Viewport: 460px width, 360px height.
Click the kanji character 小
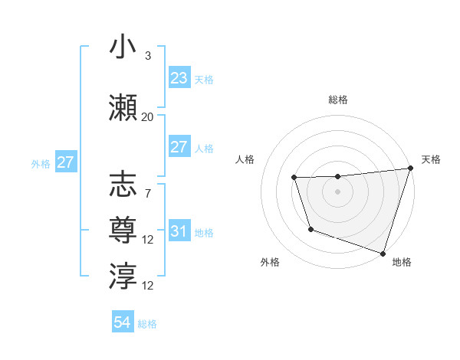tap(123, 47)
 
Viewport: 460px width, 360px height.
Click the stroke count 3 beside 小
tap(147, 56)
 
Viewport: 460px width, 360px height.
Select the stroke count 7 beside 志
tap(147, 193)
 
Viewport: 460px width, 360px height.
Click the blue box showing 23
tap(179, 78)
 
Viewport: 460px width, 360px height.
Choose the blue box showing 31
tap(179, 231)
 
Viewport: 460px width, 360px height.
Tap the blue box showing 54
tap(123, 323)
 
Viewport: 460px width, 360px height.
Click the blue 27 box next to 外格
tap(66, 162)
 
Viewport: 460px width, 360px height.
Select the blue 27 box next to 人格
tap(179, 147)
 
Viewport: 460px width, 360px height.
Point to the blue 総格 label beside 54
tap(147, 324)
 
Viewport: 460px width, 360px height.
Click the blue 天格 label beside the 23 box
tap(203, 79)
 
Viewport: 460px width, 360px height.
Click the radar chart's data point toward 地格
tap(382, 253)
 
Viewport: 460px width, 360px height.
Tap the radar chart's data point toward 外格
tap(310, 229)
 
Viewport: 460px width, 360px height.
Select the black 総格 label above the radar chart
tap(338, 100)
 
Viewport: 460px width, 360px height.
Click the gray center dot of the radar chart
tap(338, 191)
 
